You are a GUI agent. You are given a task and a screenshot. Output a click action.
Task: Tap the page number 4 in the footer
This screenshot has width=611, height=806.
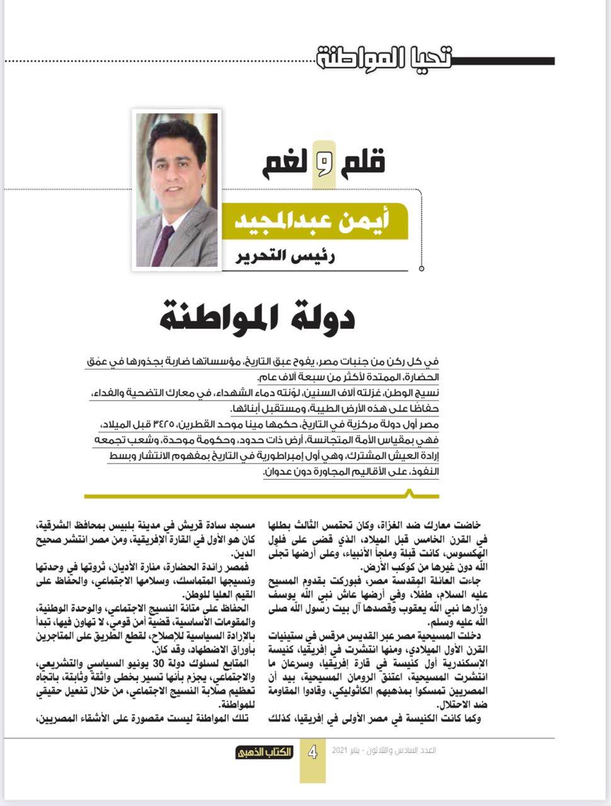(312, 752)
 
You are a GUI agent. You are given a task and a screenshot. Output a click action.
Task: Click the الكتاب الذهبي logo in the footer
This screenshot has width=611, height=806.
(265, 752)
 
